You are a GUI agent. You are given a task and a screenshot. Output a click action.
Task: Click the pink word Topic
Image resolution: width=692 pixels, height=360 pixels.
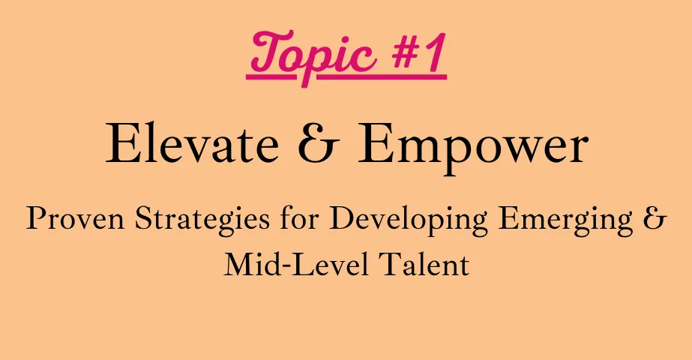pos(314,56)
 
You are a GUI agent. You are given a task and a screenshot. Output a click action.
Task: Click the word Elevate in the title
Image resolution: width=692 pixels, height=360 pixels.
pos(193,143)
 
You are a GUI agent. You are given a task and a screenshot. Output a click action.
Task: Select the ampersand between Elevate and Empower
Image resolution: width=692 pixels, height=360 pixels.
pos(318,143)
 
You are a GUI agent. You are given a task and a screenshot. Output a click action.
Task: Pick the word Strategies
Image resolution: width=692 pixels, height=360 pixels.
pos(202,220)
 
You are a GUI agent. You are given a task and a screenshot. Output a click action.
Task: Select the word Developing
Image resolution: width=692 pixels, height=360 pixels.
pos(409,220)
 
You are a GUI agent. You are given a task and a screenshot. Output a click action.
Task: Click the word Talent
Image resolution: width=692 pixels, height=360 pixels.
pos(424,265)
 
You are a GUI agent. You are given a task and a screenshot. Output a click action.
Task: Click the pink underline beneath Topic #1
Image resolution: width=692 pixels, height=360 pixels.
pos(346,78)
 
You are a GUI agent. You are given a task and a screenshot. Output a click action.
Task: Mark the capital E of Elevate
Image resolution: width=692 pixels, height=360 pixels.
pos(120,143)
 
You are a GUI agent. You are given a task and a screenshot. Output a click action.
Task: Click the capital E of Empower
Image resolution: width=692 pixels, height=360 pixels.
pos(372,143)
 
